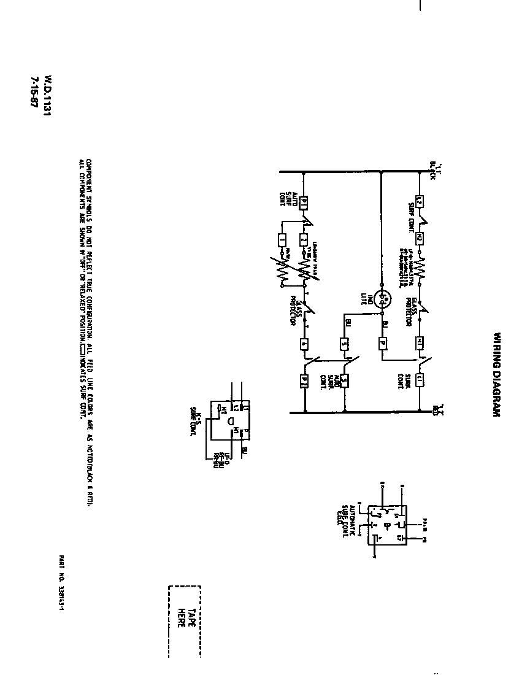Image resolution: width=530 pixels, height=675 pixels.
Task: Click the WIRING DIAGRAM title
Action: [x=497, y=375]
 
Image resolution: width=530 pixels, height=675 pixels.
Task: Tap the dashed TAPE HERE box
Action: [x=184, y=620]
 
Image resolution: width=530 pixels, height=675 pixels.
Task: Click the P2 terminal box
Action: [x=303, y=381]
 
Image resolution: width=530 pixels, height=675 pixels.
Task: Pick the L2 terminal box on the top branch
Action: [x=419, y=201]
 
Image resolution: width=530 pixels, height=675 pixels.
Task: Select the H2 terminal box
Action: [x=419, y=237]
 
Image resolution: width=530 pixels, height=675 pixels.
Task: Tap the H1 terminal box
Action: [x=420, y=341]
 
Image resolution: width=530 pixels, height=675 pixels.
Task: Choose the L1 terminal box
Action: [x=420, y=380]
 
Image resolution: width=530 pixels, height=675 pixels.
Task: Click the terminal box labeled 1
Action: [x=282, y=240]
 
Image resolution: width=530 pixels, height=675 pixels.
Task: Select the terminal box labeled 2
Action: [x=303, y=240]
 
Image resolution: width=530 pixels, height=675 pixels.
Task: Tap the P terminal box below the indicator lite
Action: [x=382, y=343]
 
